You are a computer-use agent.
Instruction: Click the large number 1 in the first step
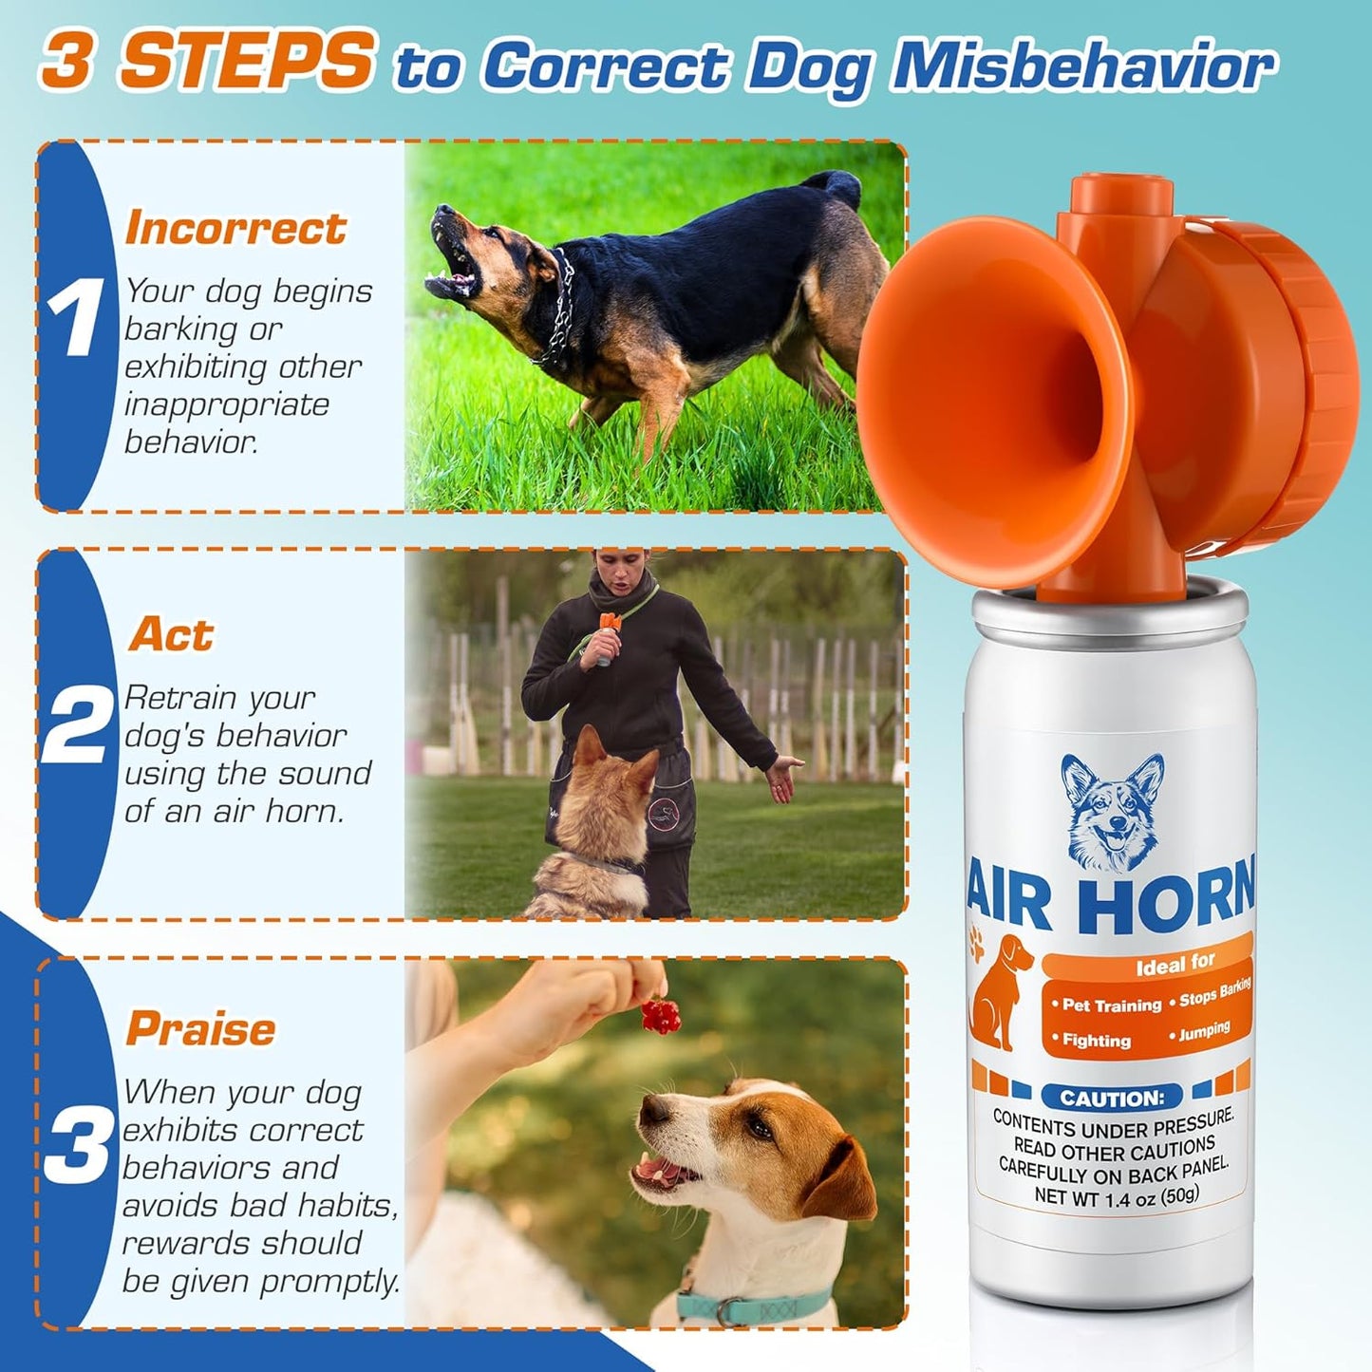75,317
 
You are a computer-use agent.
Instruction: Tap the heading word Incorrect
235,228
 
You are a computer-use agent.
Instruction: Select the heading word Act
172,634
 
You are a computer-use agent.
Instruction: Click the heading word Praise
201,1028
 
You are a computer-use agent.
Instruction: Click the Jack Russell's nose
653,1111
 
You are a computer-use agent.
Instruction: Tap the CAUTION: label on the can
1111,1099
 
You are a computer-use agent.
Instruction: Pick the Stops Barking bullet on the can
1214,993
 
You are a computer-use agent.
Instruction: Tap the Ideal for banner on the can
1175,964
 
